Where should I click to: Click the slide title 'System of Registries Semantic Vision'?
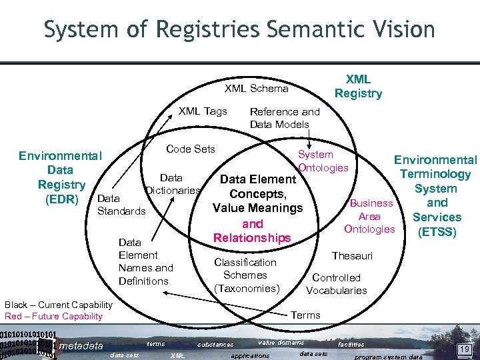[x=239, y=29]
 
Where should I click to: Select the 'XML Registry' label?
[x=358, y=87]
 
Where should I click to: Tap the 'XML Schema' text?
[x=256, y=89]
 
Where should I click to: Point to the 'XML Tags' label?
[x=203, y=111]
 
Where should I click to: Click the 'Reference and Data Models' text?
[x=284, y=118]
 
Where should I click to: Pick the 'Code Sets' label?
[x=190, y=149]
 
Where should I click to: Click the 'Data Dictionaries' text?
[x=172, y=184]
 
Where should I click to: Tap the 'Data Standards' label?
[x=121, y=205]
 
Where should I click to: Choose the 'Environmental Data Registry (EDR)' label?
[x=61, y=177]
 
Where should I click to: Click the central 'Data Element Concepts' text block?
[x=257, y=208]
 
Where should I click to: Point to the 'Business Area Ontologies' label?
[x=370, y=216]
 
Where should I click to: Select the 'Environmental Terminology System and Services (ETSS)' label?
[x=436, y=195]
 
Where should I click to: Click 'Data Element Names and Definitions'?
[x=145, y=261]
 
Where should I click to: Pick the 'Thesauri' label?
[x=352, y=255]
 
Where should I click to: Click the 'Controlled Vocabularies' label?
[x=336, y=284]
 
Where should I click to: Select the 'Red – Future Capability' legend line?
[x=53, y=316]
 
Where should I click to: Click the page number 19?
[x=463, y=348]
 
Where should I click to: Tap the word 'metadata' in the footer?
[x=81, y=345]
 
